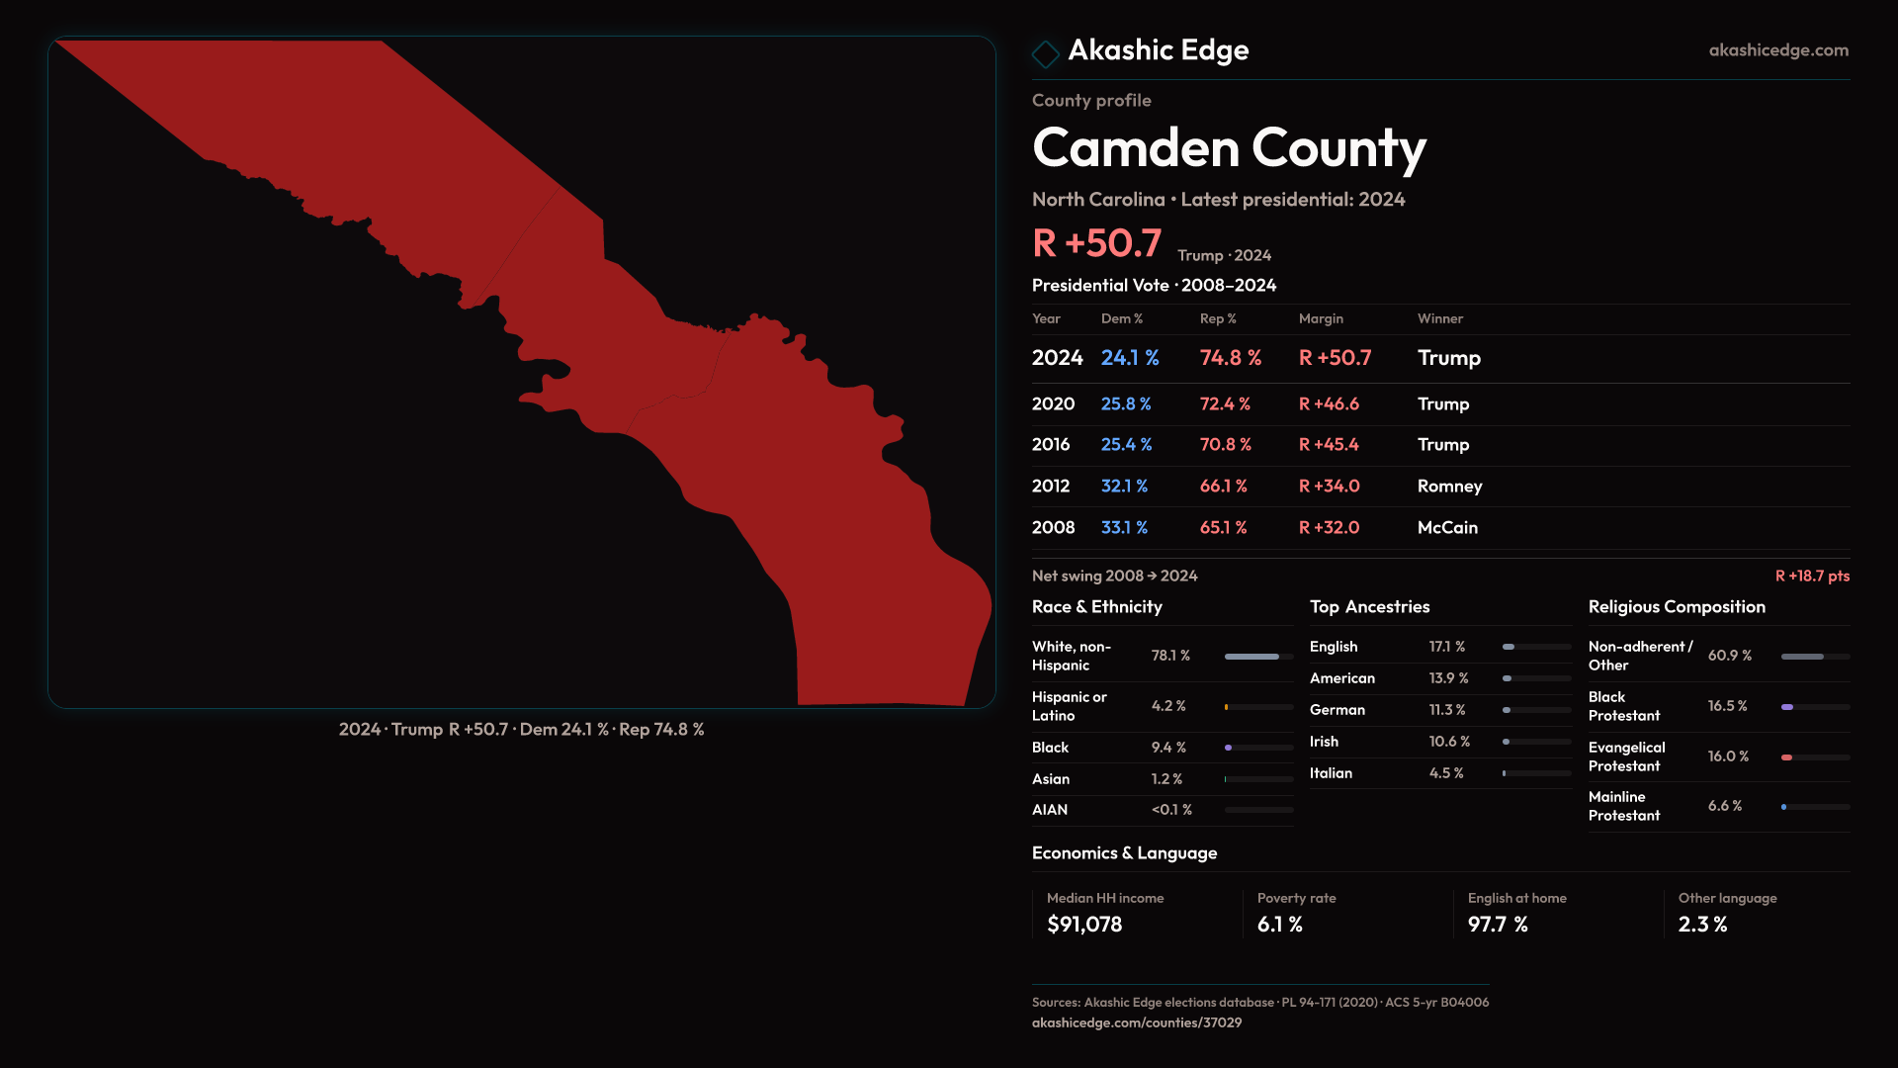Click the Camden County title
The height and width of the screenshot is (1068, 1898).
1229,148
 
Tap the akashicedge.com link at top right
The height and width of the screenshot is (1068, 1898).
1777,50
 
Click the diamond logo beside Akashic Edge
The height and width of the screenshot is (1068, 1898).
1045,53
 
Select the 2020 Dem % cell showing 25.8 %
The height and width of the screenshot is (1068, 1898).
1126,404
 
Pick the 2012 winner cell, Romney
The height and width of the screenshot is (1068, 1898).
1449,487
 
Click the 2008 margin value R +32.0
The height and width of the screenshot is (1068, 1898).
1329,528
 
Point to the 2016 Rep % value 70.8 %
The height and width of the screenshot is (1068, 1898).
1225,445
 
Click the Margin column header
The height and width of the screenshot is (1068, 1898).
1321,318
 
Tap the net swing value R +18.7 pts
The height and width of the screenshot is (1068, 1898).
1812,576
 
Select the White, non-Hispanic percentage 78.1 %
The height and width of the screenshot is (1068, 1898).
1170,656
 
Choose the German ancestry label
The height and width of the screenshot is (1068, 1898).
1337,710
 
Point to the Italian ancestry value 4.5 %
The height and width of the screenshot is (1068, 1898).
1446,773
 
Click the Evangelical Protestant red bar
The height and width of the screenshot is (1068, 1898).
1787,757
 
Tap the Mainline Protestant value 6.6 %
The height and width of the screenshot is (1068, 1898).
1724,806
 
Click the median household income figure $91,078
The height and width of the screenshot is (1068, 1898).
1084,925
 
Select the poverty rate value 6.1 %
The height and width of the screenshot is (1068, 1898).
1279,925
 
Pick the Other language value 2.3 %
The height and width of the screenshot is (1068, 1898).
1702,925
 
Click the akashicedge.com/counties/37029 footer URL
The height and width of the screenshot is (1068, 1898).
1137,1023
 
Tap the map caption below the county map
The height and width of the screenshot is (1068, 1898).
521,730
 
